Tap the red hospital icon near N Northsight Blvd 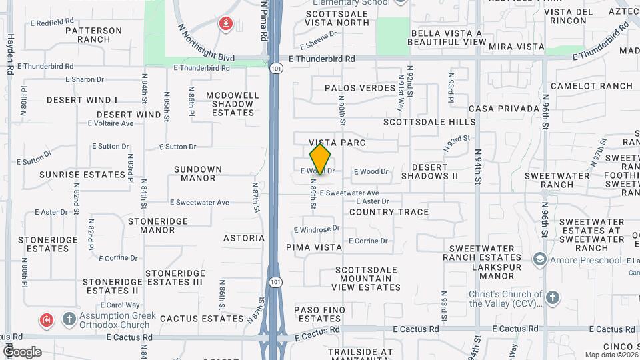(226, 25)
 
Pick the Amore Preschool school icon (539, 259)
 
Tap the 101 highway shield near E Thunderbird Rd (275, 67)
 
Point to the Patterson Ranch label (94, 35)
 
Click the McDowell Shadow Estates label (233, 104)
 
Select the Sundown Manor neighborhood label (198, 173)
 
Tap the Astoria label (244, 237)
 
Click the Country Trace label (389, 212)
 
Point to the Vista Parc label (337, 143)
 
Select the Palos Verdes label (360, 88)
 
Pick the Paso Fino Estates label (321, 315)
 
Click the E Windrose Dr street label (317, 229)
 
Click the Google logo (21, 351)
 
